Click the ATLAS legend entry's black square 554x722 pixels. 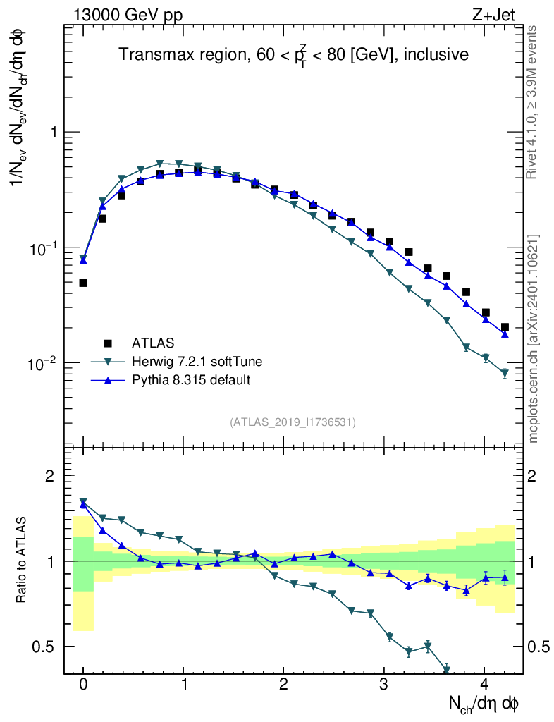pyautogui.click(x=108, y=343)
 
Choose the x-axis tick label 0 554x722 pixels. pyautogui.click(x=83, y=684)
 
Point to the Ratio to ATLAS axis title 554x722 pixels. pyautogui.click(x=22, y=561)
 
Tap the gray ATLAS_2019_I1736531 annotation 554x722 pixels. pyautogui.click(x=293, y=422)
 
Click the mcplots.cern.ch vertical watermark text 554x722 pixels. pyautogui.click(x=533, y=338)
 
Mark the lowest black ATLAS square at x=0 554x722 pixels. pyautogui.click(x=83, y=283)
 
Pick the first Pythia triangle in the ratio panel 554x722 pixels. pyautogui.click(x=83, y=505)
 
